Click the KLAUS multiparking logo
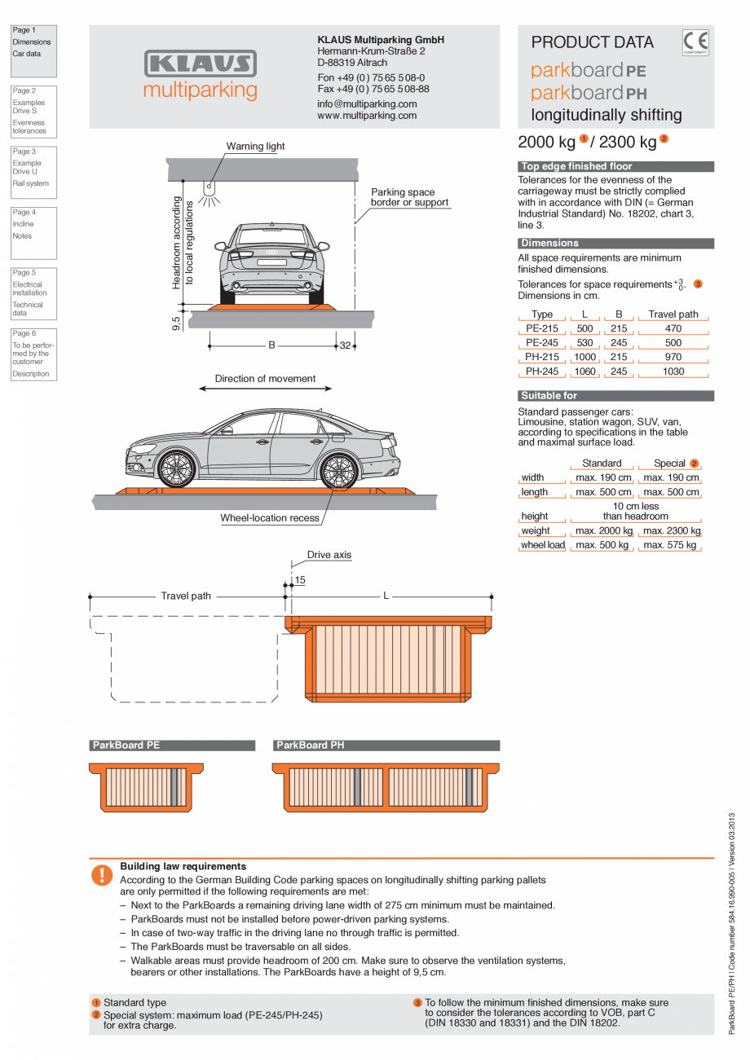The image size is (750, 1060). coord(200,75)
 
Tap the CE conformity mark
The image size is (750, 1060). coord(695,42)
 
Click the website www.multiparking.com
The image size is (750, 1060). coord(367,116)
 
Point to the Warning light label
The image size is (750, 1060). coord(256,147)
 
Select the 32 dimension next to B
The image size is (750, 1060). coord(345,345)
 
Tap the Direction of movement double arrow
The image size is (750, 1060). coord(265,389)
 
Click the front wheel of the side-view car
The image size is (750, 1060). coord(176,469)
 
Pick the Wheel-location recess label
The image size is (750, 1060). coord(270,518)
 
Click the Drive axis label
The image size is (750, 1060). coord(329,555)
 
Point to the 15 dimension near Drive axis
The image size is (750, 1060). coord(300,580)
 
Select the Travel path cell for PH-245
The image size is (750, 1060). coord(673,372)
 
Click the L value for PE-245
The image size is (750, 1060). coord(585,343)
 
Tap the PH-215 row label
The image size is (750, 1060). coord(542,357)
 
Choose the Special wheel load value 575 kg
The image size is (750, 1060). coord(669,545)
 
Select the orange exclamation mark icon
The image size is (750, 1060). coord(102,875)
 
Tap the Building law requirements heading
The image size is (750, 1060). coord(183,866)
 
